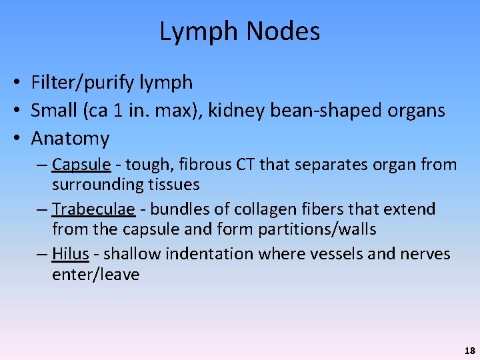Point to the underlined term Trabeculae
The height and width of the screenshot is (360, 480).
[x=94, y=209]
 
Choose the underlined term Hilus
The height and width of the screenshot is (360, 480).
[x=70, y=254]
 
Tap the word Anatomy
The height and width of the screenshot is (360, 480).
[x=70, y=139]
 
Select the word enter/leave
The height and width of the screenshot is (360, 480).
[x=95, y=275]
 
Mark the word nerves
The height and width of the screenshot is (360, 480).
[x=425, y=254]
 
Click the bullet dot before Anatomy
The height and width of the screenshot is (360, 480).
[x=14, y=139]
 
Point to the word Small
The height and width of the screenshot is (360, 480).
[x=54, y=111]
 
